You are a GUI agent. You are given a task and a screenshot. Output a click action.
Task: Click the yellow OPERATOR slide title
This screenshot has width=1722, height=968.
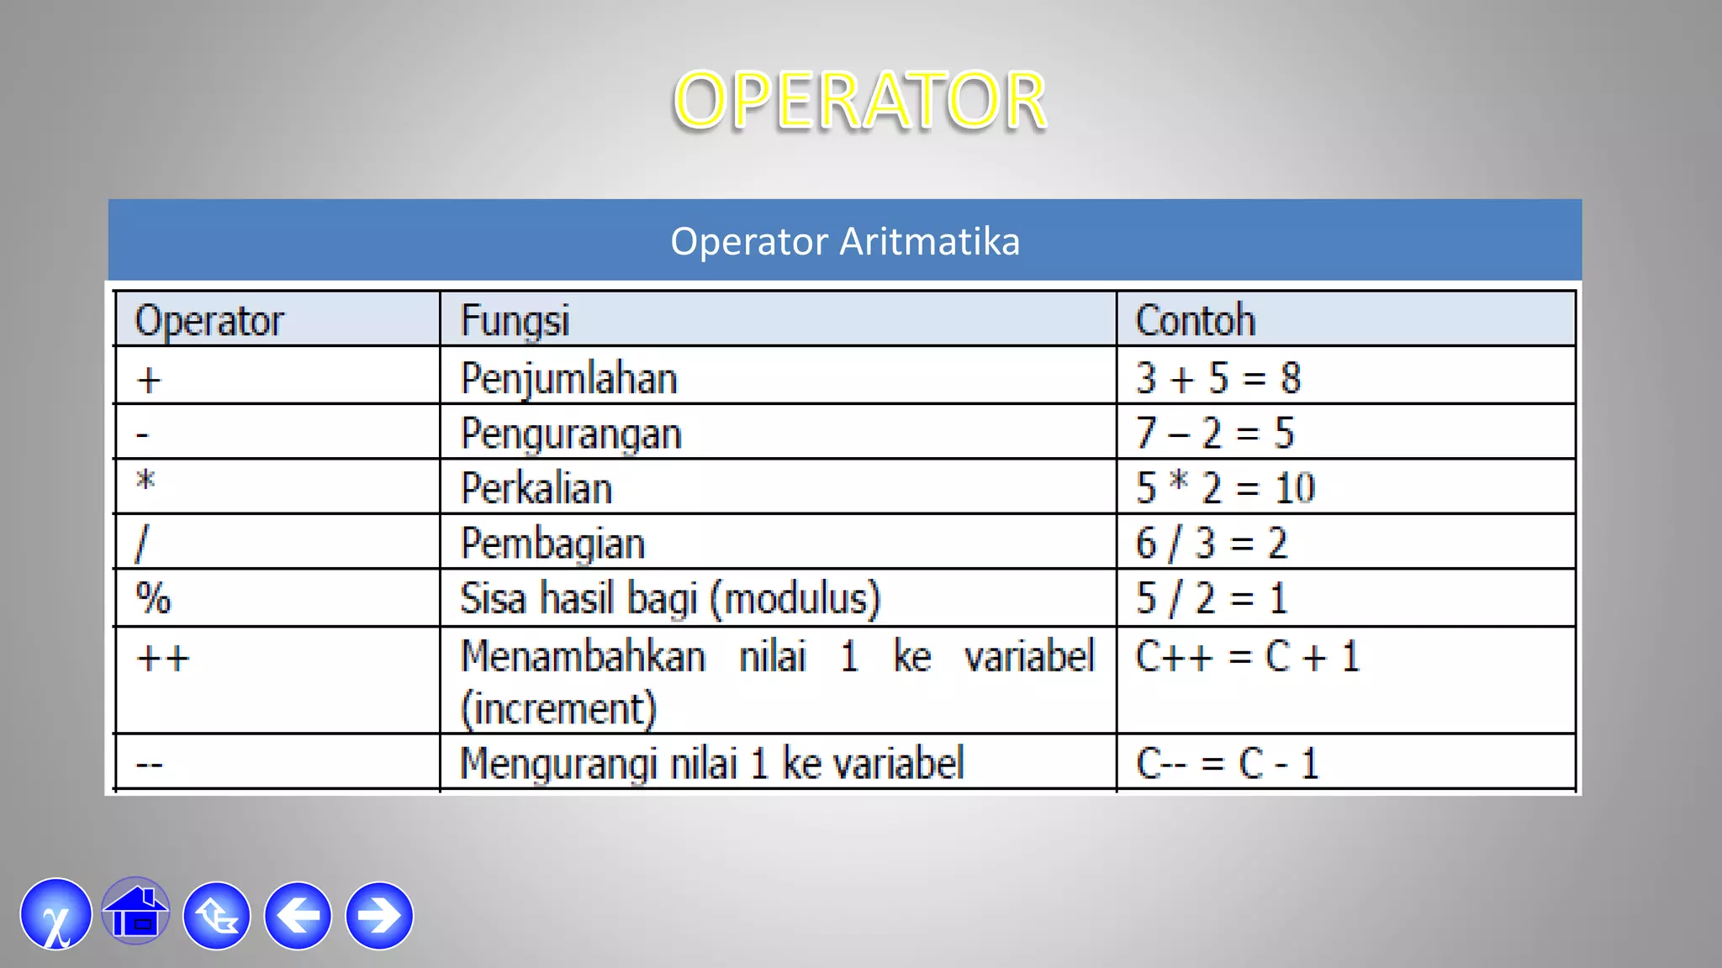(859, 101)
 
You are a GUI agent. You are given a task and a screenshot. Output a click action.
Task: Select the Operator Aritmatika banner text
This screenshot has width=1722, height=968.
(845, 242)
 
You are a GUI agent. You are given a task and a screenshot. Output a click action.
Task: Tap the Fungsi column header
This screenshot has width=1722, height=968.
(515, 321)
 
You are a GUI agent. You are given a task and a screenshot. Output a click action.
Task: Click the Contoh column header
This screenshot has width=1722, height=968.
(1195, 321)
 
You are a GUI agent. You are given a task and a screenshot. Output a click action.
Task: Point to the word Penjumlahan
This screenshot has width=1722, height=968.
(569, 379)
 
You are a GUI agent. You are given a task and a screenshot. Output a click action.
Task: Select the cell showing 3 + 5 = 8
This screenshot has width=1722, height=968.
(1218, 378)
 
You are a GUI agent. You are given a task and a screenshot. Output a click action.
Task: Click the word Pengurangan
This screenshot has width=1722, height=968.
(571, 434)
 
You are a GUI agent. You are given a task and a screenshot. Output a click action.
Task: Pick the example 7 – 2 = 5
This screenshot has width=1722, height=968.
(1215, 434)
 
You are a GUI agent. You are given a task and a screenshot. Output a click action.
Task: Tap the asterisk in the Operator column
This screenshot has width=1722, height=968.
(145, 481)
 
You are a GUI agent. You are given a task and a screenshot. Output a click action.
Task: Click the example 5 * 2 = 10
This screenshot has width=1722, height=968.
(1225, 488)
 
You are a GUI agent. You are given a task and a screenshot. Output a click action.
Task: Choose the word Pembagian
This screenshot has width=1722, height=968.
(552, 544)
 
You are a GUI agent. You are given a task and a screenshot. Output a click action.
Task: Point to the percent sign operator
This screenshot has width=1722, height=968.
(153, 599)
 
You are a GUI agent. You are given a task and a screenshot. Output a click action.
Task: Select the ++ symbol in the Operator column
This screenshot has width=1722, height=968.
(163, 658)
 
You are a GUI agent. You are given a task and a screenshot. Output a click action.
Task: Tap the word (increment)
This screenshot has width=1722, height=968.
(558, 708)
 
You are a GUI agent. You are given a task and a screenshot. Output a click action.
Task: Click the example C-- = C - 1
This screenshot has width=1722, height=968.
(1227, 764)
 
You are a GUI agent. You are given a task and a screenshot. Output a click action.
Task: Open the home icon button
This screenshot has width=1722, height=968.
(135, 913)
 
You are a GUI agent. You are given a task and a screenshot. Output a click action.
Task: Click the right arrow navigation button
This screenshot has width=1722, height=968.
(379, 915)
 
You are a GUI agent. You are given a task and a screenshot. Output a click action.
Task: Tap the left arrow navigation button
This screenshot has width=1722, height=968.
(298, 915)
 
